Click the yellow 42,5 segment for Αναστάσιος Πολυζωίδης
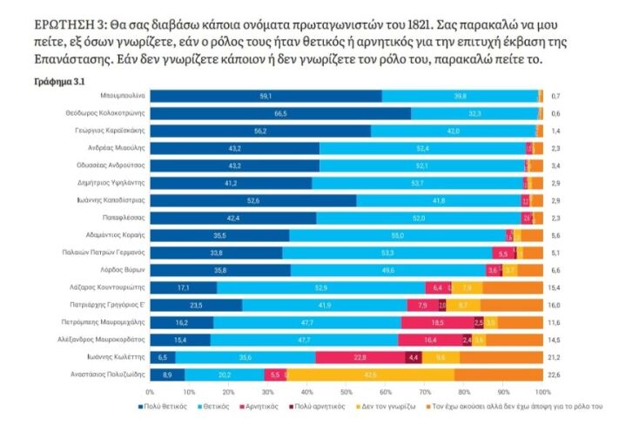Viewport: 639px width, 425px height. (x=370, y=374)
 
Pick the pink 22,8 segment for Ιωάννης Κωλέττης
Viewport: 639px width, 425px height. (x=359, y=357)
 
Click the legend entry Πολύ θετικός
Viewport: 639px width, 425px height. (x=164, y=407)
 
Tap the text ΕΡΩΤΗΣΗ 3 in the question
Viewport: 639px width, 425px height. (x=64, y=26)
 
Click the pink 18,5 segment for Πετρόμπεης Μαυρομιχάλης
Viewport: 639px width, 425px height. (x=438, y=322)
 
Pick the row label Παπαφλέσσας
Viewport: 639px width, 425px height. (x=134, y=218)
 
